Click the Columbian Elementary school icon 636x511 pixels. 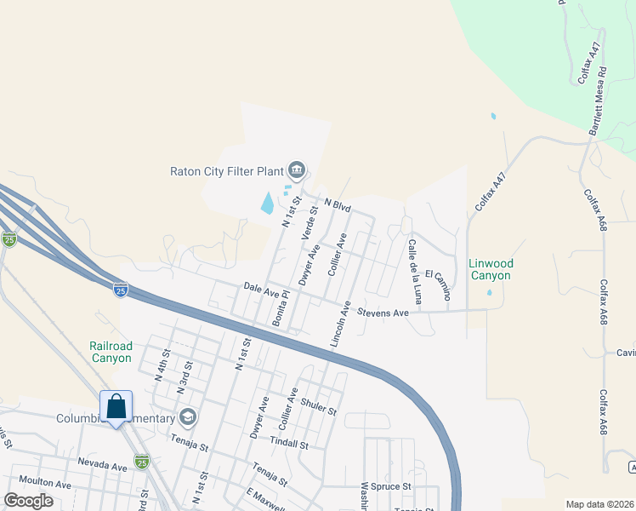pos(188,417)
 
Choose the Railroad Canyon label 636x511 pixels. pos(111,352)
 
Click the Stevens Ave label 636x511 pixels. pos(383,313)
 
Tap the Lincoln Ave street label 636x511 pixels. pos(338,324)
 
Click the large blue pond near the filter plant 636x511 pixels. pos(268,203)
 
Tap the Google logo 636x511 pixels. pos(28,501)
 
